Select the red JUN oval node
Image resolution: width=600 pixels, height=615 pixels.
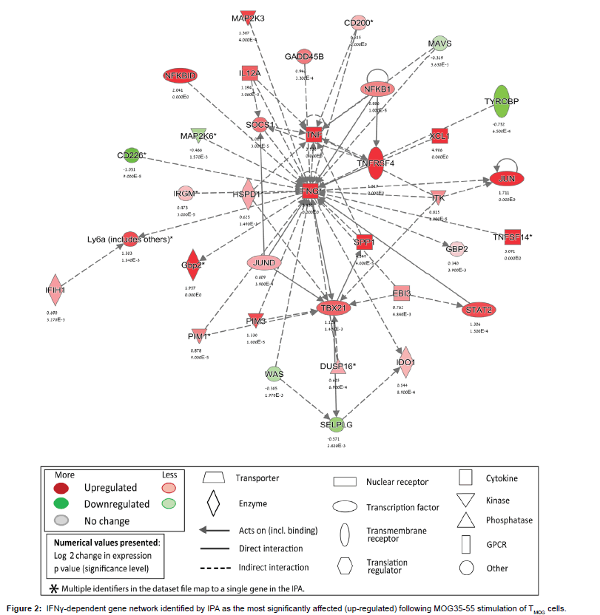click(x=506, y=180)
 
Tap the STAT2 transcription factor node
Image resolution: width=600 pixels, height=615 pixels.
click(x=478, y=309)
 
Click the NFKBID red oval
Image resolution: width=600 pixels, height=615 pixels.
click(x=179, y=75)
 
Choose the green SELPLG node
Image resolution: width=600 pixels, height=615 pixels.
click(x=333, y=425)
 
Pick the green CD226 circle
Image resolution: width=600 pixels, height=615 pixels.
click(x=131, y=156)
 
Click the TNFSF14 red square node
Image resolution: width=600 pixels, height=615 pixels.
click(x=513, y=237)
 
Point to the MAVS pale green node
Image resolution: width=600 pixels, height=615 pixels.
click(x=439, y=43)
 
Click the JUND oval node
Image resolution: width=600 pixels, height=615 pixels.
click(x=264, y=262)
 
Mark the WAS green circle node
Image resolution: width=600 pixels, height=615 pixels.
click(x=274, y=375)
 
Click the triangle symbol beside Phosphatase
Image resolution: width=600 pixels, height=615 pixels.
click(x=466, y=520)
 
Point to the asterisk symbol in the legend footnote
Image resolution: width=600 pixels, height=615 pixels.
click(x=53, y=588)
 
